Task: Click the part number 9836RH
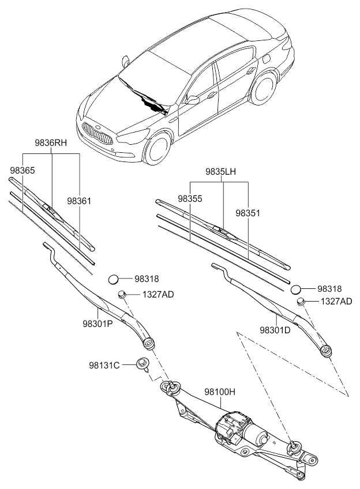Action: (x=51, y=143)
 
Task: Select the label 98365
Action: (x=22, y=171)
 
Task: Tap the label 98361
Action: (x=79, y=201)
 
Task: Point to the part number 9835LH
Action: (x=220, y=171)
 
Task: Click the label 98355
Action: (x=190, y=198)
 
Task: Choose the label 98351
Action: (x=247, y=213)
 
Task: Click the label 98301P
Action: (x=97, y=324)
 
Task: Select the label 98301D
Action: (x=275, y=330)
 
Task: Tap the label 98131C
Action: (x=104, y=365)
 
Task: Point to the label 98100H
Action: (x=220, y=392)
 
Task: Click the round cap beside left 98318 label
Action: (x=114, y=280)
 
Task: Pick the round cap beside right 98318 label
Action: (x=296, y=289)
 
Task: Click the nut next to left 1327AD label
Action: (x=122, y=294)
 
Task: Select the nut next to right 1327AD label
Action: (x=301, y=301)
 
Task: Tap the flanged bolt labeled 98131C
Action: (x=142, y=364)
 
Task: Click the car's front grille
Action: (x=97, y=133)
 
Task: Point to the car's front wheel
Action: (x=159, y=149)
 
